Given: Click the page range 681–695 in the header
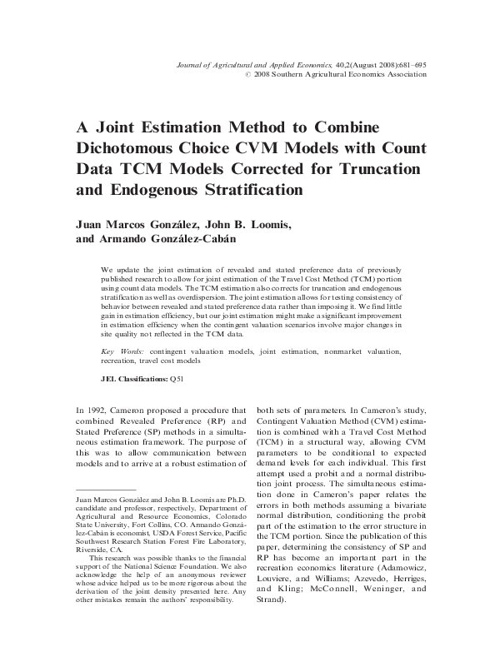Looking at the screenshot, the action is pos(408,63).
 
